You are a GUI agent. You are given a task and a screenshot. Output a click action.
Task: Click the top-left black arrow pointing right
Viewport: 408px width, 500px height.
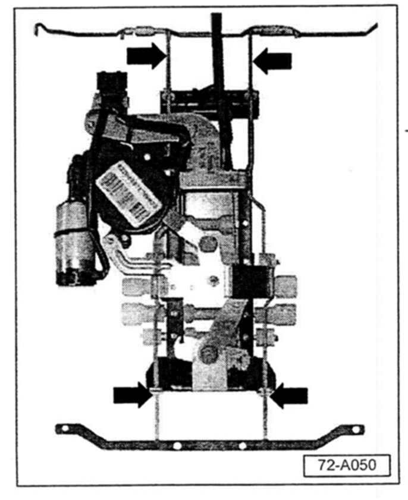click(145, 56)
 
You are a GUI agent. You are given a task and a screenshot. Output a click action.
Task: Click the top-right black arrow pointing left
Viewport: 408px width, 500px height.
click(272, 59)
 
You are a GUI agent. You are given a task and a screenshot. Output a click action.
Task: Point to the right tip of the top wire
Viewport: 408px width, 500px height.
click(375, 26)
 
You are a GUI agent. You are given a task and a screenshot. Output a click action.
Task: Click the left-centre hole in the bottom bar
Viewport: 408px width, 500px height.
click(177, 445)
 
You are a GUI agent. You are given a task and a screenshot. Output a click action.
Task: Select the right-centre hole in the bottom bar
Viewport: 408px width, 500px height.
click(242, 445)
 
